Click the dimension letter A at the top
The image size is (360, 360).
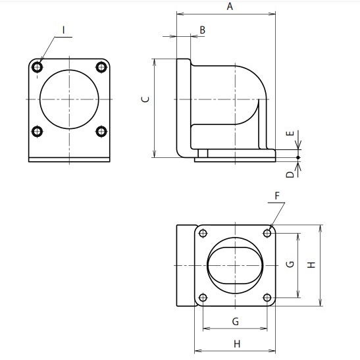tap(230, 6)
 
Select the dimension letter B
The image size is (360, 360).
tap(202, 30)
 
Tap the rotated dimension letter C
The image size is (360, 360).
tap(145, 99)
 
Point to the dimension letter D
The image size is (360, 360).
tap(290, 174)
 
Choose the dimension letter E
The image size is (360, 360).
tap(290, 134)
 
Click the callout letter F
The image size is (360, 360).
tap(277, 196)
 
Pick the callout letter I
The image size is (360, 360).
tap(64, 30)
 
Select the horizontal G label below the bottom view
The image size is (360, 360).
tap(236, 321)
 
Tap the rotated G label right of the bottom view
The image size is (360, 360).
tap(290, 265)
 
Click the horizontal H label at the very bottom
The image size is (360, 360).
tap(237, 344)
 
